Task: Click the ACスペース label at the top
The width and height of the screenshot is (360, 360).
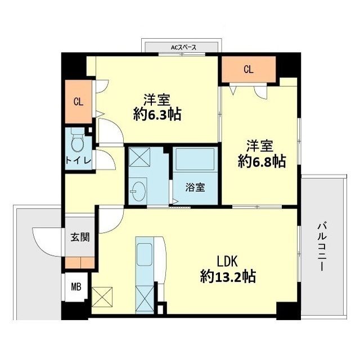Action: (x=183, y=48)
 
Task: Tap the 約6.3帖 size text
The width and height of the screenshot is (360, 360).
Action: (x=157, y=114)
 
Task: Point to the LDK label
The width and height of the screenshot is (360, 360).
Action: (x=228, y=261)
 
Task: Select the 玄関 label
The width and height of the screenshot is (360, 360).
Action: (x=79, y=237)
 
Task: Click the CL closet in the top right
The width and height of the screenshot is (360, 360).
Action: (x=248, y=70)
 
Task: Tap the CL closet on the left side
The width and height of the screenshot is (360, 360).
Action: (x=78, y=102)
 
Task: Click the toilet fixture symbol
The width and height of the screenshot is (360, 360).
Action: (x=77, y=141)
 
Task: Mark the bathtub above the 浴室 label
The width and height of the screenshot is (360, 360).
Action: (x=194, y=163)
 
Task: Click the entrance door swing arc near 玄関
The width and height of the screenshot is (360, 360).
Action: (x=48, y=241)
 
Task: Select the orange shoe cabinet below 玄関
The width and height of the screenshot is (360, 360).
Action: (x=79, y=262)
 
